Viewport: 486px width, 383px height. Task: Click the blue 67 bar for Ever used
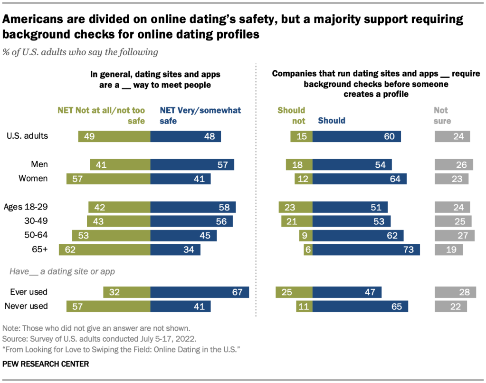[200, 292]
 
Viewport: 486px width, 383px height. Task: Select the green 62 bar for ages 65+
[105, 249]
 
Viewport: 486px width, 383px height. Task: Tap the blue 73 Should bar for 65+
[366, 249]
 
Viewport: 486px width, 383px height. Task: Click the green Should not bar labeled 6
[308, 249]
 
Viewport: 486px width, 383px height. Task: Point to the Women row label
[33, 179]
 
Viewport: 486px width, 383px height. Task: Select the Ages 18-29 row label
[26, 207]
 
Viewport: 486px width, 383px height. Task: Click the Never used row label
[26, 306]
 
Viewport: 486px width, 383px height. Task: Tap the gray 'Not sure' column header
[442, 115]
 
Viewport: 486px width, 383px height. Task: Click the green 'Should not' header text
[291, 115]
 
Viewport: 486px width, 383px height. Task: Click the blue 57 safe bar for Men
[192, 165]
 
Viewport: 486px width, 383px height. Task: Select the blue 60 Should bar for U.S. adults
[356, 136]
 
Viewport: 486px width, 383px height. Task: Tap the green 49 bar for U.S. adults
[114, 136]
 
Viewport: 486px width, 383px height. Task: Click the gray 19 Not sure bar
[449, 249]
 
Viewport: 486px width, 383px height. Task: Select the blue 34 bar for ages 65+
[175, 249]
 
